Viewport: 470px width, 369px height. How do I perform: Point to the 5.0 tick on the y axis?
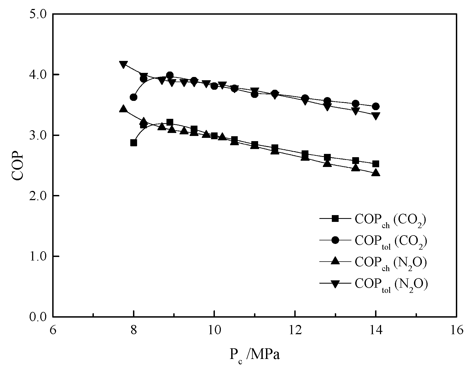point(38,14)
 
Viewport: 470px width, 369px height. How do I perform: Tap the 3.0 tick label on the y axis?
point(38,135)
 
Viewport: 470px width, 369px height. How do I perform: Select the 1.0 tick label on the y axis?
point(38,256)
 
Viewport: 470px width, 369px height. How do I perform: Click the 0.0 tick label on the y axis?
point(38,317)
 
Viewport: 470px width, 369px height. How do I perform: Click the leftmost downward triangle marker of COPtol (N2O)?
point(123,65)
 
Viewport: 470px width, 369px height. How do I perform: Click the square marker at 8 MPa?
point(134,143)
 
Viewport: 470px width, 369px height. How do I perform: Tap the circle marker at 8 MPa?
point(134,97)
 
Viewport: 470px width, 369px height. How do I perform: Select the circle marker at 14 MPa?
point(376,106)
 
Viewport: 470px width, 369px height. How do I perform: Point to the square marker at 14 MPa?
point(376,164)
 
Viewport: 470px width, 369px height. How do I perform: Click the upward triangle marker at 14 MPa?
point(376,172)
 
